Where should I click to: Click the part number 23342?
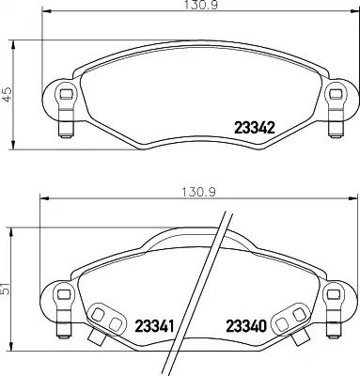255,128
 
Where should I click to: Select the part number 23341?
154,326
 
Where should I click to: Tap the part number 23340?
246,326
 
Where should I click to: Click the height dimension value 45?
7,94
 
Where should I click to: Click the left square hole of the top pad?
66,93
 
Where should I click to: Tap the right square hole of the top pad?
336,93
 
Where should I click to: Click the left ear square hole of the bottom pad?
64,294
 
